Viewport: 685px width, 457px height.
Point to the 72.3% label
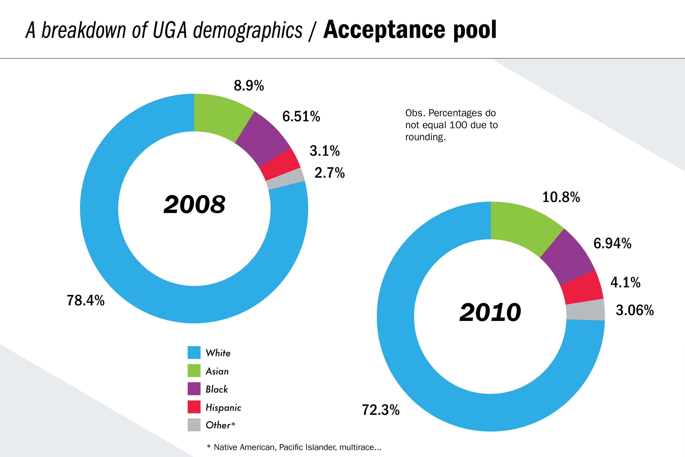[x=381, y=410]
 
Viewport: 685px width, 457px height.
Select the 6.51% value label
[x=301, y=117]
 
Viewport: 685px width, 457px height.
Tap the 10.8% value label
[x=561, y=197]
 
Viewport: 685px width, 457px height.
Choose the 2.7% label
[x=329, y=173]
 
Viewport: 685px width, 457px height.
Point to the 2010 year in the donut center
[x=490, y=312]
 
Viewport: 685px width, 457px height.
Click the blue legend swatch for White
[x=194, y=352]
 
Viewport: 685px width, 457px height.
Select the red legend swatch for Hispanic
[x=194, y=407]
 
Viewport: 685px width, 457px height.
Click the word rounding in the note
[x=425, y=137]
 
